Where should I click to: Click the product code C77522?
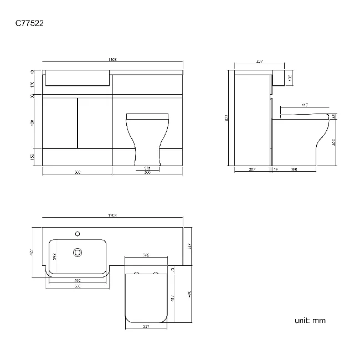tap(29, 23)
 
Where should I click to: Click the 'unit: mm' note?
tap(310, 320)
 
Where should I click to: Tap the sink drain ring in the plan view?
tap(78, 253)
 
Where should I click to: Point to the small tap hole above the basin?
tap(78, 233)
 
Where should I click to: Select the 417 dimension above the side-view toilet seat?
tap(305, 105)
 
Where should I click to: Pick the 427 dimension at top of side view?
tap(259, 63)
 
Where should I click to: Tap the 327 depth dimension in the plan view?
tap(188, 246)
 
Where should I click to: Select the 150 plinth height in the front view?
tap(33, 157)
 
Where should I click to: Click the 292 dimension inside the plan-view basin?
tap(54, 256)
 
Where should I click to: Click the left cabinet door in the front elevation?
tap(60, 122)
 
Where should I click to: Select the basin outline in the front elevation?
tap(77, 78)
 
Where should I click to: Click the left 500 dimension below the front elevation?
tap(78, 173)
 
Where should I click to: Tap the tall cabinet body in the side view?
tap(252, 119)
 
